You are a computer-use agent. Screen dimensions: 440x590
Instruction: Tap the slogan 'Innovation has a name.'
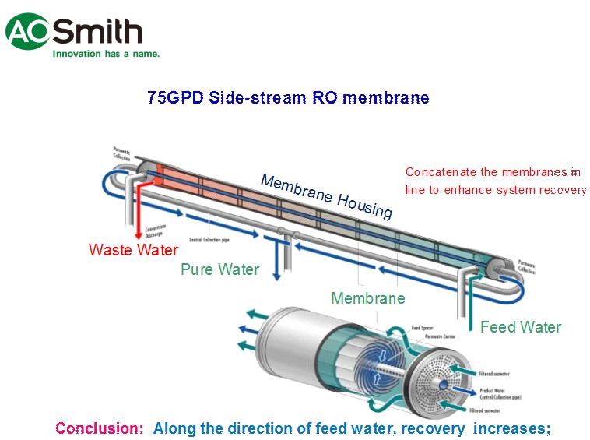(x=106, y=54)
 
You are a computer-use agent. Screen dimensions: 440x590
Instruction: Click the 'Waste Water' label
(x=133, y=250)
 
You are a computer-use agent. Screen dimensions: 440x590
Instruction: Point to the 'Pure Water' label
(x=219, y=269)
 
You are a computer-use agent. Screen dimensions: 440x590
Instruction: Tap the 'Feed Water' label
(x=520, y=327)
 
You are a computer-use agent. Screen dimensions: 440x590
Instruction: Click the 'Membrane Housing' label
(x=326, y=195)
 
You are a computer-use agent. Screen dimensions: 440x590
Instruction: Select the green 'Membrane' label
(x=367, y=298)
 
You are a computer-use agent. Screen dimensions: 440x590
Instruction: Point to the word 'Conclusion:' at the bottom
(x=100, y=428)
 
